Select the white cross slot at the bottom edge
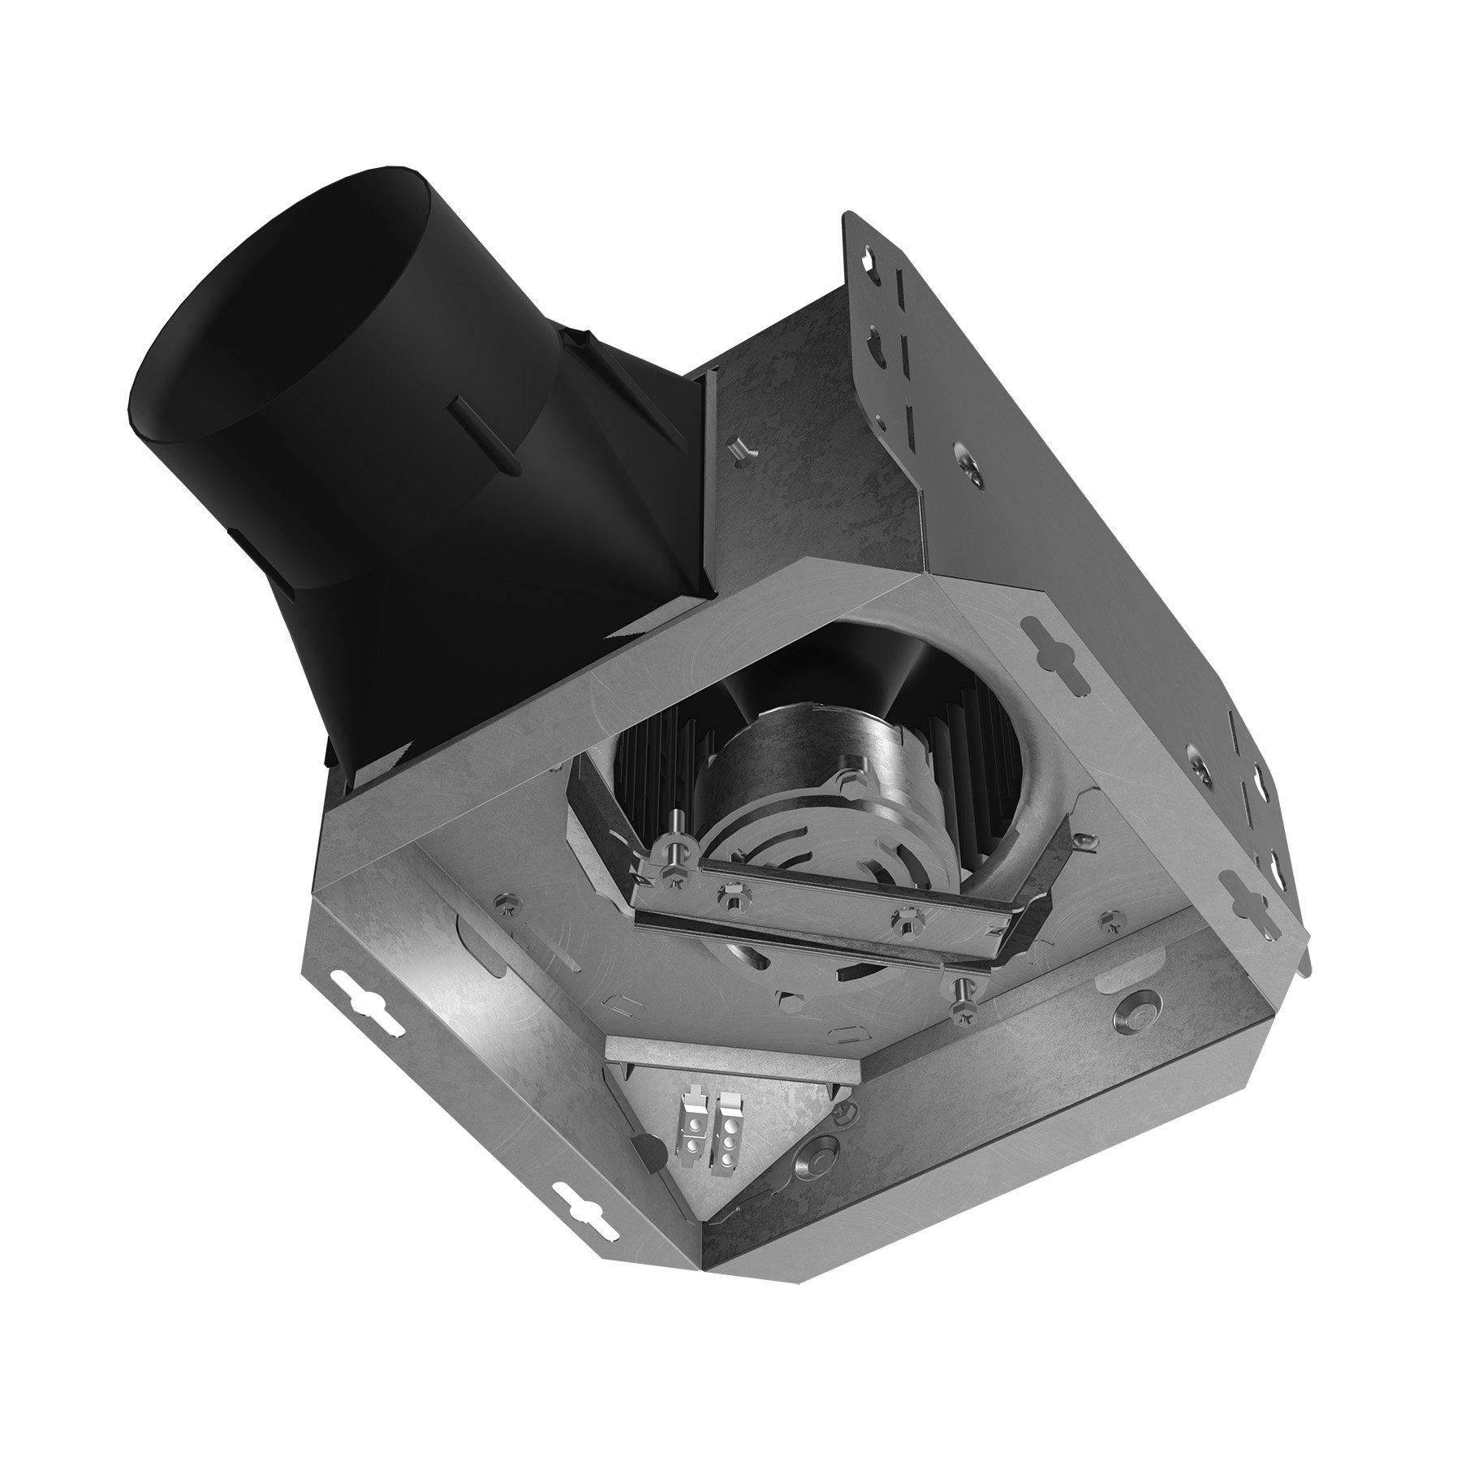pos(583,1204)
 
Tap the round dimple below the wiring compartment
pos(816,1161)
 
